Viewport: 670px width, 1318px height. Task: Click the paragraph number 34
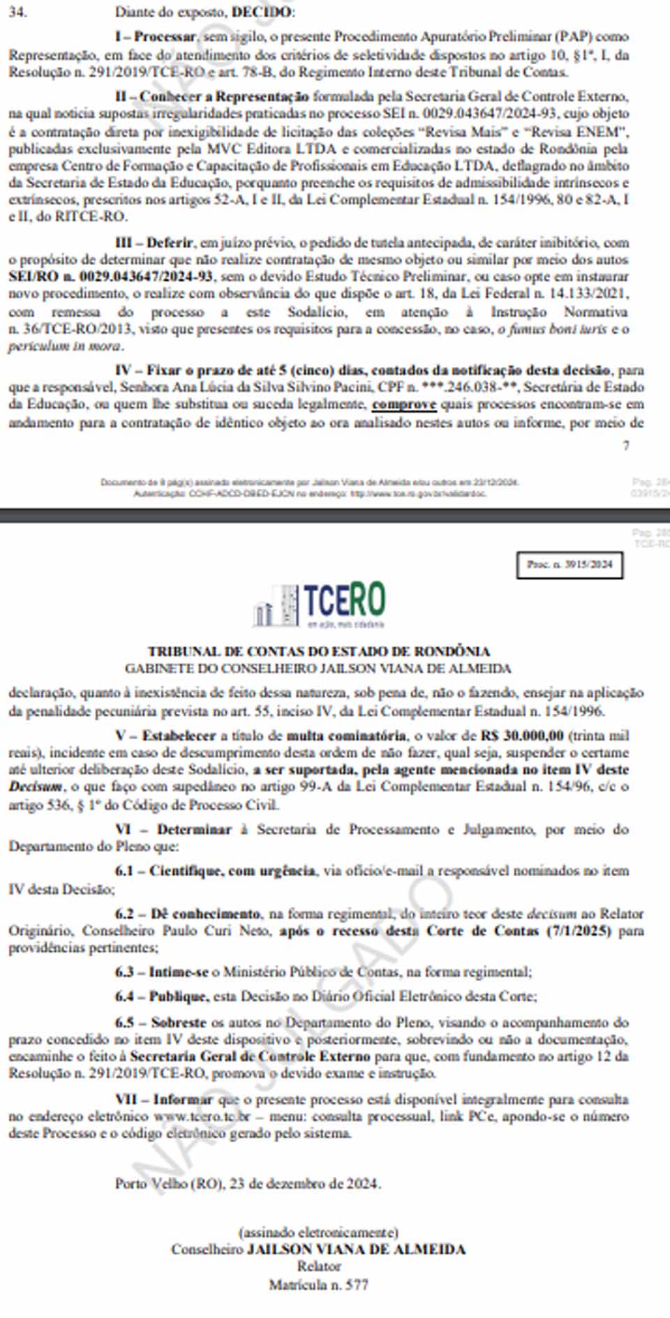click(x=17, y=12)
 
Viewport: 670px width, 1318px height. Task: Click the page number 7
click(x=626, y=446)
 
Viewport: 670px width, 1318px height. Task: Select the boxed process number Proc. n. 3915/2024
click(x=570, y=565)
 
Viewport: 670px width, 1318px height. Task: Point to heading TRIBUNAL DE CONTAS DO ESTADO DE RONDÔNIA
click(x=318, y=651)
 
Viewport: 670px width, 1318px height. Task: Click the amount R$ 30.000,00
click(x=522, y=736)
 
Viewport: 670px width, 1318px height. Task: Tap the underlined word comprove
click(x=404, y=404)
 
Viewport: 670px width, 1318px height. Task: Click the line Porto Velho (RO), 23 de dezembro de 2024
click(x=248, y=1183)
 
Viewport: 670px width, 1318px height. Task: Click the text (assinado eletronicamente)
click(x=318, y=1232)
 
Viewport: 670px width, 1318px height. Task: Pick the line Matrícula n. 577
click(x=318, y=1284)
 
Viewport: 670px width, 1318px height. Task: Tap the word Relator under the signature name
click(x=319, y=1266)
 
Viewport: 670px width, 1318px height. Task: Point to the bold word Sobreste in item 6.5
click(x=179, y=1023)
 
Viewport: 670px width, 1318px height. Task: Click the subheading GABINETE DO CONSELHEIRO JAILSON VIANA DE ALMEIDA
click(x=318, y=669)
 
